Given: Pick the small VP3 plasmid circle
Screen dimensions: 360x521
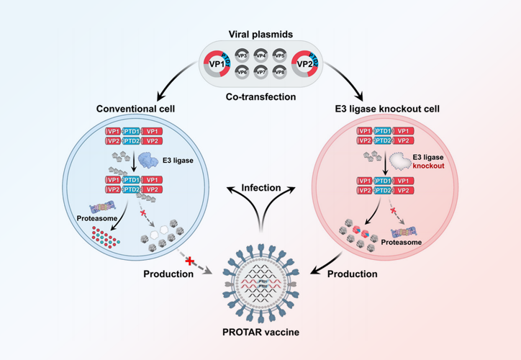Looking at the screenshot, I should click(242, 55).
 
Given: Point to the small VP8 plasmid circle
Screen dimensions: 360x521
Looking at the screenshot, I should click(279, 73).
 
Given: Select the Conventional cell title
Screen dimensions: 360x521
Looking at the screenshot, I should click(137, 109).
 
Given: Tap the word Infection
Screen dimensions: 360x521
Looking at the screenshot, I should click(260, 187).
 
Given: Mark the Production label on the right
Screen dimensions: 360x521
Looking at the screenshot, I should click(353, 274).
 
